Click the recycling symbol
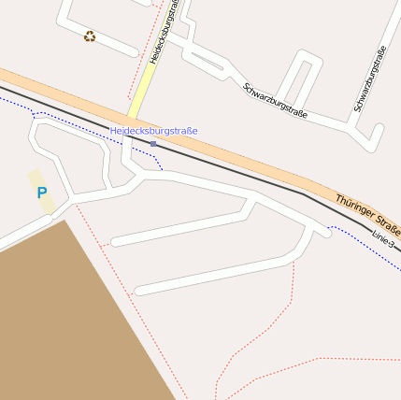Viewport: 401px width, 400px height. pos(89,36)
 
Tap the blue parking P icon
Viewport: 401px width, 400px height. pos(41,193)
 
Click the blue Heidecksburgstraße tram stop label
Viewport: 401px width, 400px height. pos(153,131)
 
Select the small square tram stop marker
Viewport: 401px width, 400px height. pos(153,143)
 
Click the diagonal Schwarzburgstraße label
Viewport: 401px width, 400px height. pos(275,100)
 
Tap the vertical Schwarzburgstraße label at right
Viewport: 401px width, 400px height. pos(369,79)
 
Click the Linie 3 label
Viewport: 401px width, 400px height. pos(383,238)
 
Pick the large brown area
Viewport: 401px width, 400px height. pos(65,318)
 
